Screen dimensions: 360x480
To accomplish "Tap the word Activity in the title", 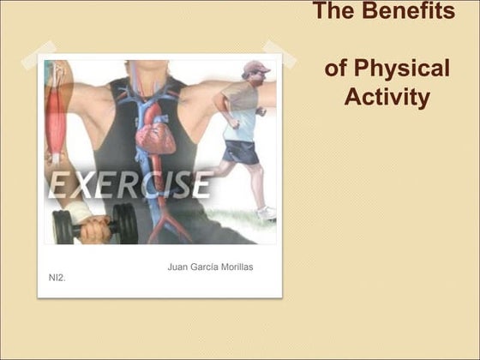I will click(387, 97).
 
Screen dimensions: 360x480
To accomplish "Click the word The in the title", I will click(334, 12).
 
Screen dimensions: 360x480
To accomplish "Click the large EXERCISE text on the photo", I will click(129, 184).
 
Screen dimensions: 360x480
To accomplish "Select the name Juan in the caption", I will click(178, 267).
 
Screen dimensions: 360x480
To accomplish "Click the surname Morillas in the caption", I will click(232, 267).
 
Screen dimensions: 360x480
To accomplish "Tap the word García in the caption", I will click(204, 267).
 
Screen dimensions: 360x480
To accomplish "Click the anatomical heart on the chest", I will click(156, 130).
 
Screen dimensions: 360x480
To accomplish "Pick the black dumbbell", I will click(94, 225).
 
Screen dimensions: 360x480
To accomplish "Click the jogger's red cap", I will click(255, 67).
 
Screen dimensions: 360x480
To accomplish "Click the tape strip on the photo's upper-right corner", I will click(279, 52).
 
